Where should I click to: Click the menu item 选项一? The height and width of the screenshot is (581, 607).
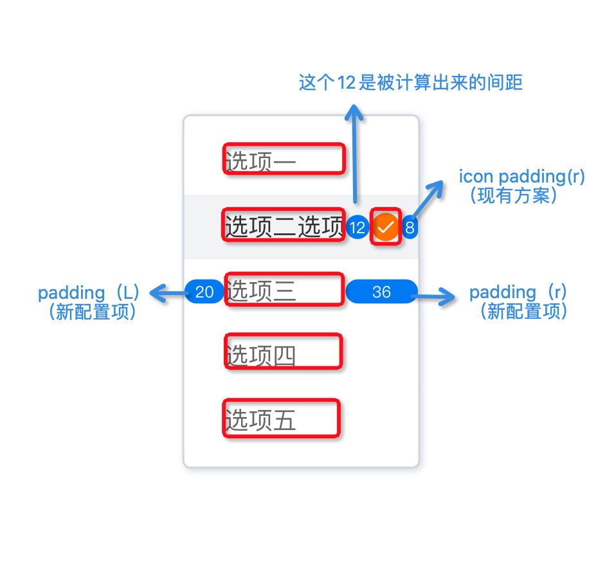[x=260, y=161]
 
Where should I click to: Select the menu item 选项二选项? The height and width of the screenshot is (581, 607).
[x=284, y=226]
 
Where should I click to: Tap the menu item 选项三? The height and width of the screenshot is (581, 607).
[x=261, y=291]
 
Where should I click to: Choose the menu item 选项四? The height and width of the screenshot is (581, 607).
[x=261, y=355]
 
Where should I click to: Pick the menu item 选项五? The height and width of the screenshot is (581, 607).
[x=260, y=420]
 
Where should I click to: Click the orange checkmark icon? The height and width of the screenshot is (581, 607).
[x=386, y=227]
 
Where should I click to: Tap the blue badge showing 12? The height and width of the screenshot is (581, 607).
[x=358, y=228]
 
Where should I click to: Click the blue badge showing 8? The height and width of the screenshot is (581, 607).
[x=410, y=228]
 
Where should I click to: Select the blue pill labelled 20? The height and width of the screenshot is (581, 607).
[x=204, y=292]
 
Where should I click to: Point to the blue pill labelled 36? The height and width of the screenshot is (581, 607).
[x=382, y=292]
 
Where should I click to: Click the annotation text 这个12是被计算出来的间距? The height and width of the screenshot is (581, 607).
[x=410, y=82]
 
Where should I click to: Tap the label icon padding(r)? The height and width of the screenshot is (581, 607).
[x=521, y=177]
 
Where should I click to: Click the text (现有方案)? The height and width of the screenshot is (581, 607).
[x=514, y=195]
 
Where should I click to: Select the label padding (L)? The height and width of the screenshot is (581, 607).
[x=89, y=292]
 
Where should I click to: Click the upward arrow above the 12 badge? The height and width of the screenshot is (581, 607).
[x=354, y=154]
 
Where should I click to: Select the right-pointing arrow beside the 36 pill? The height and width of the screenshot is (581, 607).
[x=433, y=297]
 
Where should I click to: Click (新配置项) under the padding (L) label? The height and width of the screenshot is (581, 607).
[x=92, y=312]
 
